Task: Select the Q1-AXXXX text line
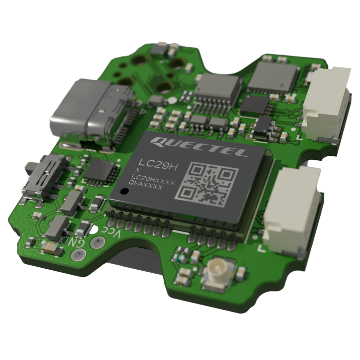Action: (x=146, y=187)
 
